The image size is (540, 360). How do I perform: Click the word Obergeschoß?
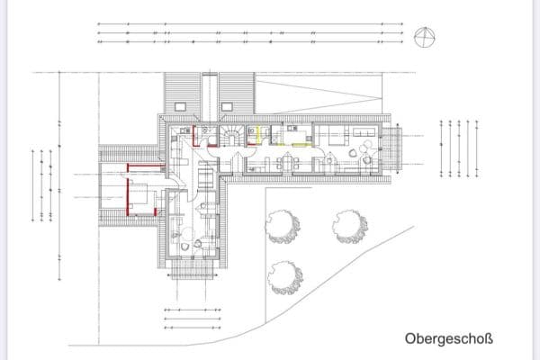(449, 340)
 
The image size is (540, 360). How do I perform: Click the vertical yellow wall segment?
(259, 134)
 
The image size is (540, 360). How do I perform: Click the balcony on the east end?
(397, 148)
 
